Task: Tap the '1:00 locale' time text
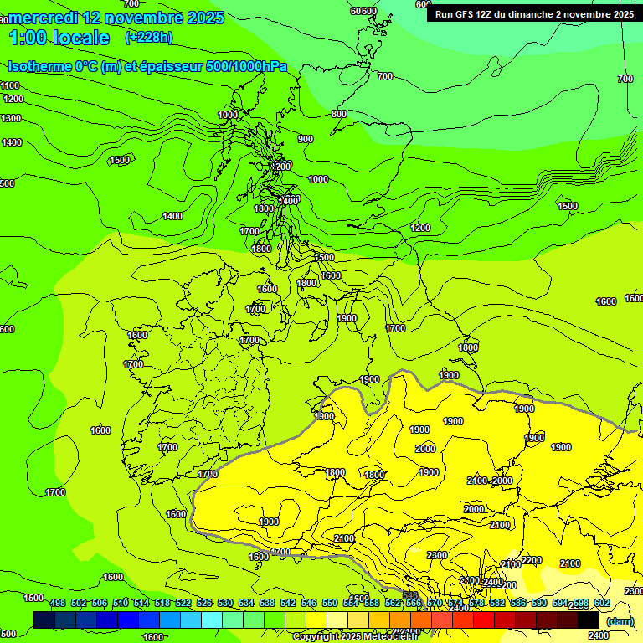tap(59, 38)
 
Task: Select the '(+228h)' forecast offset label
tap(148, 37)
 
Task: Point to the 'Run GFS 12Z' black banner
tap(533, 13)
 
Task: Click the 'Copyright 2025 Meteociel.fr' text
tap(355, 637)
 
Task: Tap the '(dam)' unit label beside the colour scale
tap(619, 621)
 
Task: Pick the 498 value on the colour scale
tap(58, 604)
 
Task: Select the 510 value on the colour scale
tap(121, 604)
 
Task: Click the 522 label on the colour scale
tap(183, 604)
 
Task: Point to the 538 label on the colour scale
tap(267, 604)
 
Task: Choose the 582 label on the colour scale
tap(497, 604)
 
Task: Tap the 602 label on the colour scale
tap(601, 604)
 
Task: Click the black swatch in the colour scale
tap(589, 620)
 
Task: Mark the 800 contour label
tap(338, 114)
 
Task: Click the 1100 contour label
tap(10, 85)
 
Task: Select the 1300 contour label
tap(11, 119)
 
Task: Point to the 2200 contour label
tap(531, 560)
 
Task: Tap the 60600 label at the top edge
tap(363, 11)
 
